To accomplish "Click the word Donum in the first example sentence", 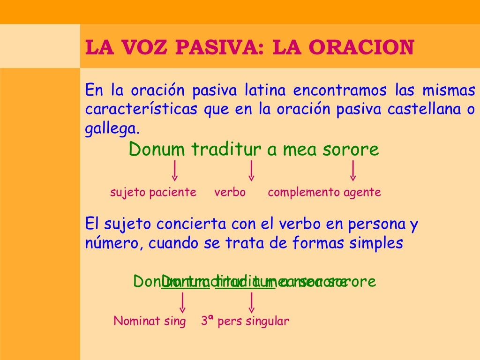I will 157,150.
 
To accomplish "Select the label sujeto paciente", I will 153,192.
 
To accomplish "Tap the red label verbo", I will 230,192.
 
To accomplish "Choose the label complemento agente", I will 324,192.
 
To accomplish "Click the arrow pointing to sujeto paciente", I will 174,171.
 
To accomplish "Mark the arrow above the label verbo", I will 252,171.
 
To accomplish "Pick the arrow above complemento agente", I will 353,171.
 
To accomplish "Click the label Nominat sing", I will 150,322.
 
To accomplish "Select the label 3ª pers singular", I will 245,322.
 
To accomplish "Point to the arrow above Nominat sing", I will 182,302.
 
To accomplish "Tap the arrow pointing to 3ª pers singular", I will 252,302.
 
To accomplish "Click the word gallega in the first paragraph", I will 112,128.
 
